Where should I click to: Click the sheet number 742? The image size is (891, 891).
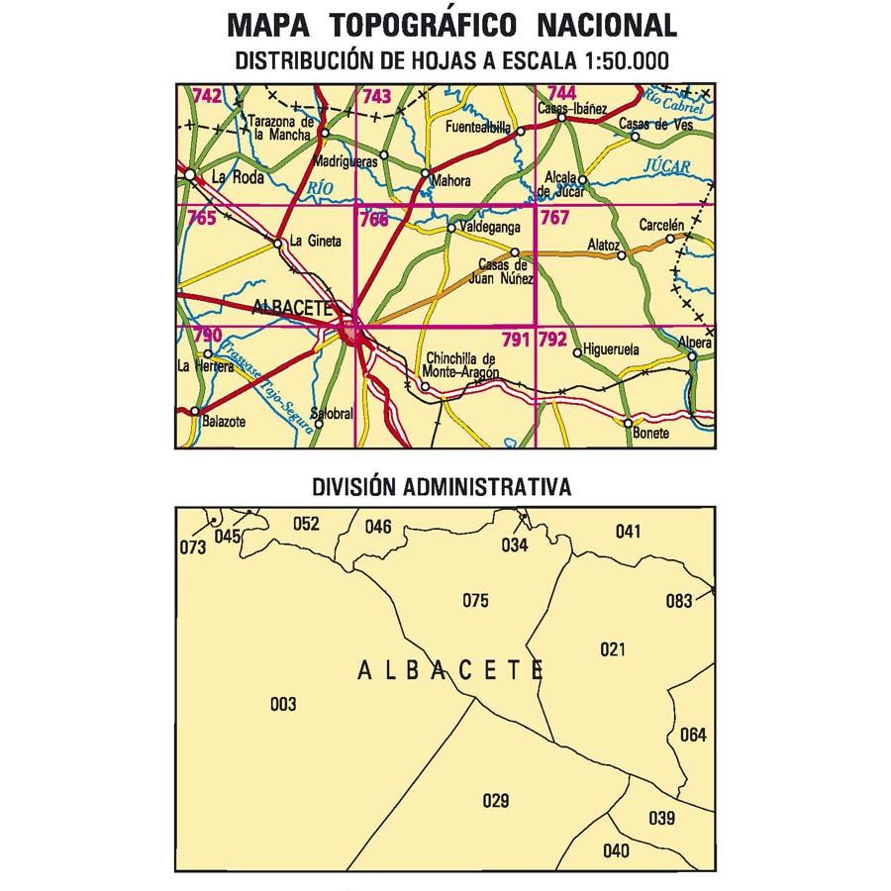click(207, 96)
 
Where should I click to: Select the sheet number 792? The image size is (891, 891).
click(552, 340)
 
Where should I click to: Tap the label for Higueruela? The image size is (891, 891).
click(612, 350)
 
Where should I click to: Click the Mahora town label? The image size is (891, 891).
click(449, 182)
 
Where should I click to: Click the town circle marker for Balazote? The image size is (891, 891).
click(195, 411)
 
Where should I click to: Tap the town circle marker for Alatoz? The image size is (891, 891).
click(622, 255)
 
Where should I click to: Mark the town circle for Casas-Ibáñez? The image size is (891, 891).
click(560, 118)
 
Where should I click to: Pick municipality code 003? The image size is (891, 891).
click(283, 705)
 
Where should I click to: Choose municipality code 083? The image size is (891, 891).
click(678, 600)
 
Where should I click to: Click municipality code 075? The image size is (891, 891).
click(476, 599)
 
